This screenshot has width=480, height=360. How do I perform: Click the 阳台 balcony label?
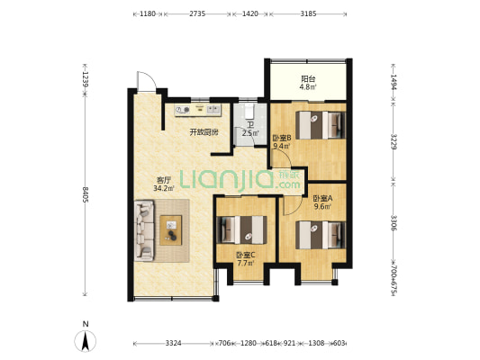[308, 79]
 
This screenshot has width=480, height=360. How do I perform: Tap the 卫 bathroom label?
[250, 125]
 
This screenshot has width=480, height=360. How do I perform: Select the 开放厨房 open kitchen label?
[204, 132]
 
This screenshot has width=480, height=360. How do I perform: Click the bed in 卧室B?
[321, 125]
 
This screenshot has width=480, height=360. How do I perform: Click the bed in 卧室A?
[321, 235]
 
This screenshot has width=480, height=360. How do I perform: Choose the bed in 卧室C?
[241, 230]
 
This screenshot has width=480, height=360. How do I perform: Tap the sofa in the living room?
[144, 230]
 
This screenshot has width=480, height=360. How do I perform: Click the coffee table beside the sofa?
[171, 230]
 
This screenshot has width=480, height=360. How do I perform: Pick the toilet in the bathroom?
[249, 112]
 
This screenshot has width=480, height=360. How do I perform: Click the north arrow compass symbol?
[86, 340]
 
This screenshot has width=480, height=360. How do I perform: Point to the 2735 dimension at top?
[197, 13]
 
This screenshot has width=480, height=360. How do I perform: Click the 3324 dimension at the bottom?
[174, 343]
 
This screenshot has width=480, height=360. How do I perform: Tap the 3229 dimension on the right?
[394, 142]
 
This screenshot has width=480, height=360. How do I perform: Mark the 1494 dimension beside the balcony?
[394, 82]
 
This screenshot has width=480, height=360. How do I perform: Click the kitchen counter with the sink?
[198, 110]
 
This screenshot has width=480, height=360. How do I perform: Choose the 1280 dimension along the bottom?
[249, 343]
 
